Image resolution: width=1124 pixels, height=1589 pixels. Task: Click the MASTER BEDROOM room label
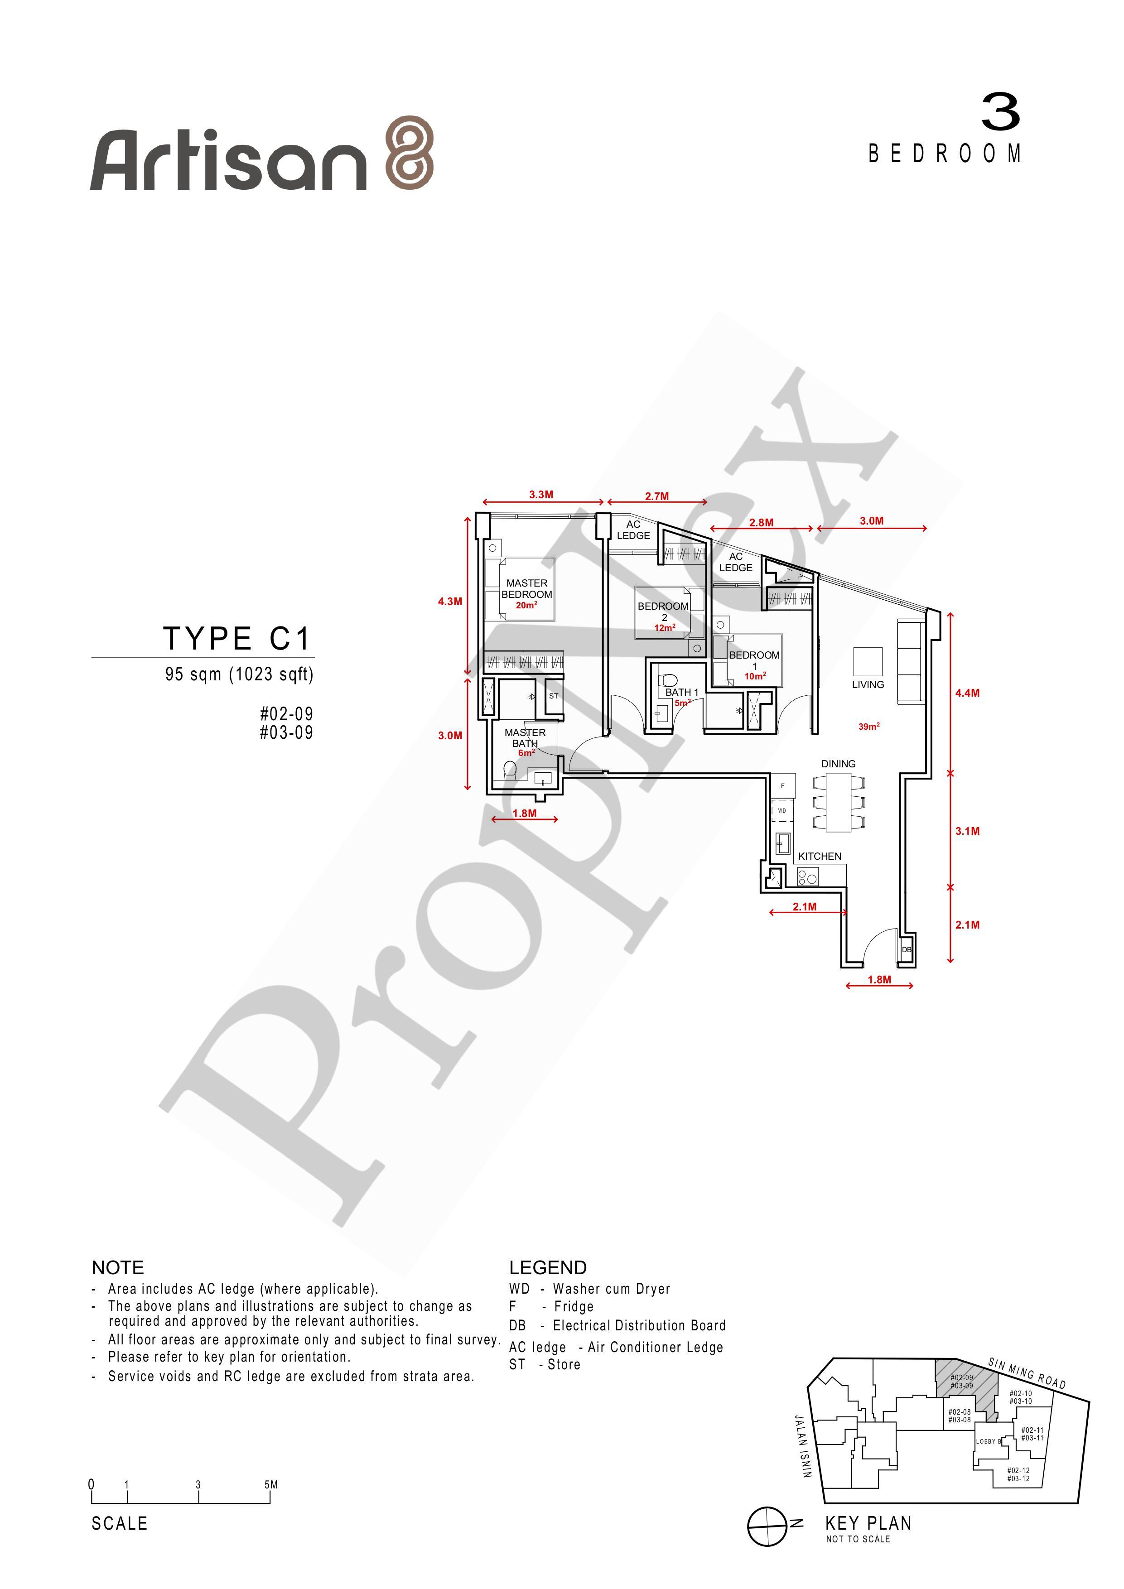point(527,589)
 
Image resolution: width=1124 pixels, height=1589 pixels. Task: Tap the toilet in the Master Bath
point(510,768)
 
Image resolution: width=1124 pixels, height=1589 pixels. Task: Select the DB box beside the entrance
point(906,949)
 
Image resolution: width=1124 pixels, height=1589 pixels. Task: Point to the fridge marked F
point(783,785)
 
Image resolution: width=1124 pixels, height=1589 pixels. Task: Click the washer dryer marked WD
point(781,810)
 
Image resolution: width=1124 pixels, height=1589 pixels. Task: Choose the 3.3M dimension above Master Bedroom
point(541,495)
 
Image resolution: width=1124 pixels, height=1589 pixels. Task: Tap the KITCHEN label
point(820,856)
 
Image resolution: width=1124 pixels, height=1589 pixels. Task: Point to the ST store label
point(554,696)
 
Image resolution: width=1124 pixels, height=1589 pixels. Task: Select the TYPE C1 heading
point(236,638)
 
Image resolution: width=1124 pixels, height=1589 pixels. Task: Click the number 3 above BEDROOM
point(1001,113)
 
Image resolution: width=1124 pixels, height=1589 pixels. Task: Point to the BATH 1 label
point(682,692)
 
